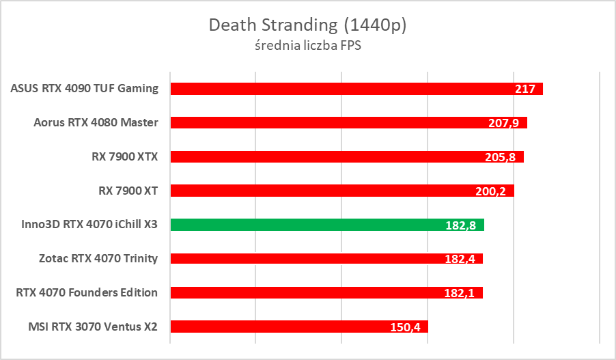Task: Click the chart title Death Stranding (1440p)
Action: click(x=307, y=25)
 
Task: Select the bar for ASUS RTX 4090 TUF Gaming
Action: click(x=341, y=89)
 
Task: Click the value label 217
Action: click(x=527, y=89)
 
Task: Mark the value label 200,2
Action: click(x=490, y=191)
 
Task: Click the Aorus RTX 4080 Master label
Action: click(x=96, y=123)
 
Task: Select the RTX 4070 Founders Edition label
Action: click(x=87, y=292)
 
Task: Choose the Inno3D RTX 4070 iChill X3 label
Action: click(x=85, y=225)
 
